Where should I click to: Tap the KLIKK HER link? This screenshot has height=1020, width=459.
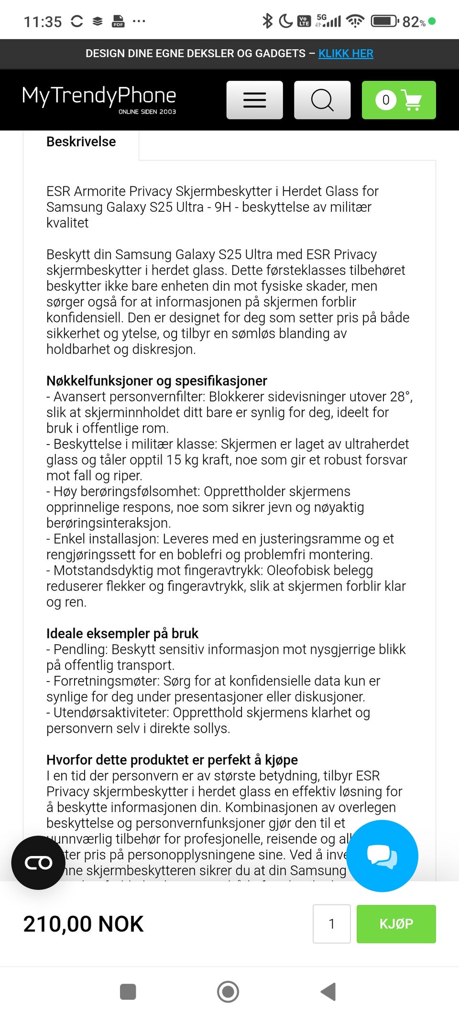click(x=346, y=54)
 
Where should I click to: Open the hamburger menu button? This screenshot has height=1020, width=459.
click(x=254, y=100)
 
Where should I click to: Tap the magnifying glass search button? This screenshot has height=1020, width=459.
click(x=322, y=100)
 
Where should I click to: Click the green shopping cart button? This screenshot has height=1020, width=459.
click(x=399, y=100)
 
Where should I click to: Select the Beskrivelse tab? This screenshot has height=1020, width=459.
click(x=81, y=142)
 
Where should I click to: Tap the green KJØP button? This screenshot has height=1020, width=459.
click(x=396, y=923)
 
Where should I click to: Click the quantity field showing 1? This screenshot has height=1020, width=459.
click(x=331, y=923)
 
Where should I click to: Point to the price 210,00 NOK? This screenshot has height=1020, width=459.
click(x=84, y=924)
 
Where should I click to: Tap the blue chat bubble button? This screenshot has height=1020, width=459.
click(x=382, y=856)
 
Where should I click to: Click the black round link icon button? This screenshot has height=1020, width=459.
click(x=38, y=863)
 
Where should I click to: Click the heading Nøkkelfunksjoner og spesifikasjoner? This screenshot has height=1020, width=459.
click(x=157, y=381)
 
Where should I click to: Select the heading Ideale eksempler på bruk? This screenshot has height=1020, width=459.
click(x=122, y=634)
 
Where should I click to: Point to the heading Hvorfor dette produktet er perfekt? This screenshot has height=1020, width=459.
click(x=172, y=760)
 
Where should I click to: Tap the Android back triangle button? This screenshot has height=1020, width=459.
click(x=328, y=991)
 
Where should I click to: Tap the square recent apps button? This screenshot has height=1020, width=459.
click(x=128, y=992)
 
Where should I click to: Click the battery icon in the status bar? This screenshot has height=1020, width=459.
click(x=385, y=21)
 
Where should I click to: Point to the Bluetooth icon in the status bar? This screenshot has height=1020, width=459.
click(x=267, y=21)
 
